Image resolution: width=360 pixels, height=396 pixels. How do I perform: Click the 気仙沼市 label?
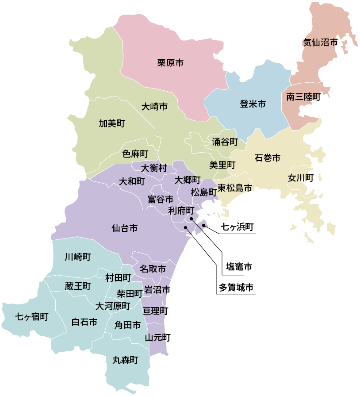click(320, 43)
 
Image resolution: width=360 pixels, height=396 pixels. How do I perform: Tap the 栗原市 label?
click(170, 63)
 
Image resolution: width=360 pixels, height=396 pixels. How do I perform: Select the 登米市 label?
click(253, 104)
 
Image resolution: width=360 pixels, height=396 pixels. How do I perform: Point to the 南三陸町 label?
click(303, 97)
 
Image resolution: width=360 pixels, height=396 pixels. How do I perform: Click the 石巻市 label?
click(268, 158)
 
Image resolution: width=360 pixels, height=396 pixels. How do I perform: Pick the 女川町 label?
click(301, 178)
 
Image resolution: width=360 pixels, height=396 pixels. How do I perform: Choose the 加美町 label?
click(112, 123)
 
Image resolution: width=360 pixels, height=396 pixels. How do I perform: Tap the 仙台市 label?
click(124, 229)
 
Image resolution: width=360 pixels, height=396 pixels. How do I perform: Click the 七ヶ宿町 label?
click(32, 317)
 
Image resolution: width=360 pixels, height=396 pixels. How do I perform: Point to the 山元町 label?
click(158, 338)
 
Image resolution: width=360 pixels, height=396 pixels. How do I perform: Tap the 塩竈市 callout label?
click(236, 267)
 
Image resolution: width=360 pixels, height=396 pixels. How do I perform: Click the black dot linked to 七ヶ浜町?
click(204, 225)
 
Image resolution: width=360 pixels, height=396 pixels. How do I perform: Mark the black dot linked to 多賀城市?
click(186, 227)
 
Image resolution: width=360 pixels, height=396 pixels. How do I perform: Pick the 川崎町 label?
click(77, 257)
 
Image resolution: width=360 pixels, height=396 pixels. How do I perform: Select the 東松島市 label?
click(234, 188)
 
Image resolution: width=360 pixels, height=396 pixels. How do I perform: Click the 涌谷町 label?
click(225, 142)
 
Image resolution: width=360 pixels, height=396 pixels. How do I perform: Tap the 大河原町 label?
click(113, 306)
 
